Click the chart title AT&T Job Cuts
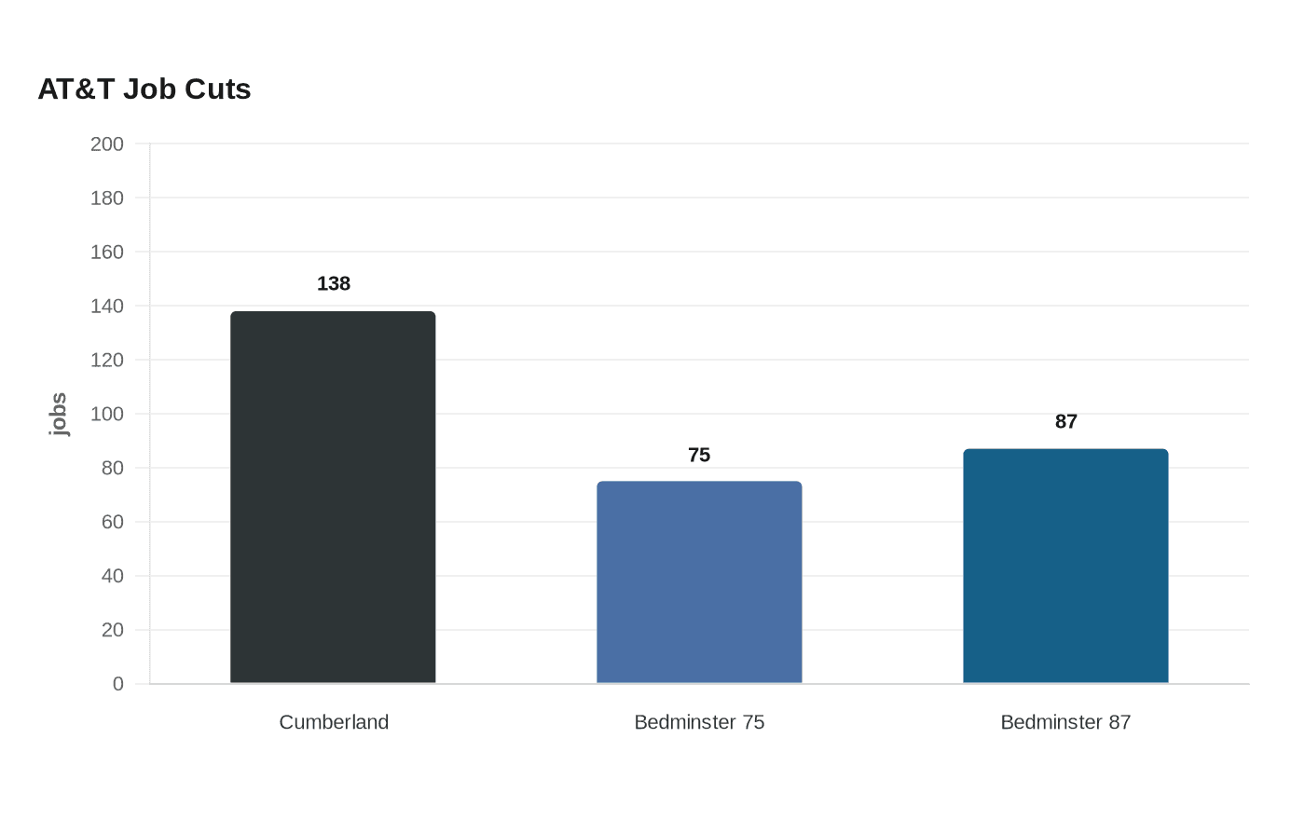tap(144, 89)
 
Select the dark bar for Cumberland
tap(333, 497)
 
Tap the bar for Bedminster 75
tap(699, 581)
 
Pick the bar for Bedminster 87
tap(1065, 566)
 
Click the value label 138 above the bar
tap(334, 283)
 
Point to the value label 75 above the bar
tap(699, 455)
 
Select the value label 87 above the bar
tap(1066, 421)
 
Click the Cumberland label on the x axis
tap(334, 722)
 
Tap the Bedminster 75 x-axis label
tap(699, 722)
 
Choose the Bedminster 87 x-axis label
tap(1065, 722)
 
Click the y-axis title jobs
tap(58, 414)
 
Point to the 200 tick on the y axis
tap(106, 143)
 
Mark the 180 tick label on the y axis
tap(106, 198)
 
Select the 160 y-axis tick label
tap(106, 253)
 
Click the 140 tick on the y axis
tap(106, 306)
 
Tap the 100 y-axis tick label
tap(106, 414)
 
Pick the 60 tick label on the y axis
tap(113, 522)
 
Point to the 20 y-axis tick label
tap(113, 630)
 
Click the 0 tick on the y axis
tap(118, 684)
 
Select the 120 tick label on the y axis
tap(106, 360)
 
